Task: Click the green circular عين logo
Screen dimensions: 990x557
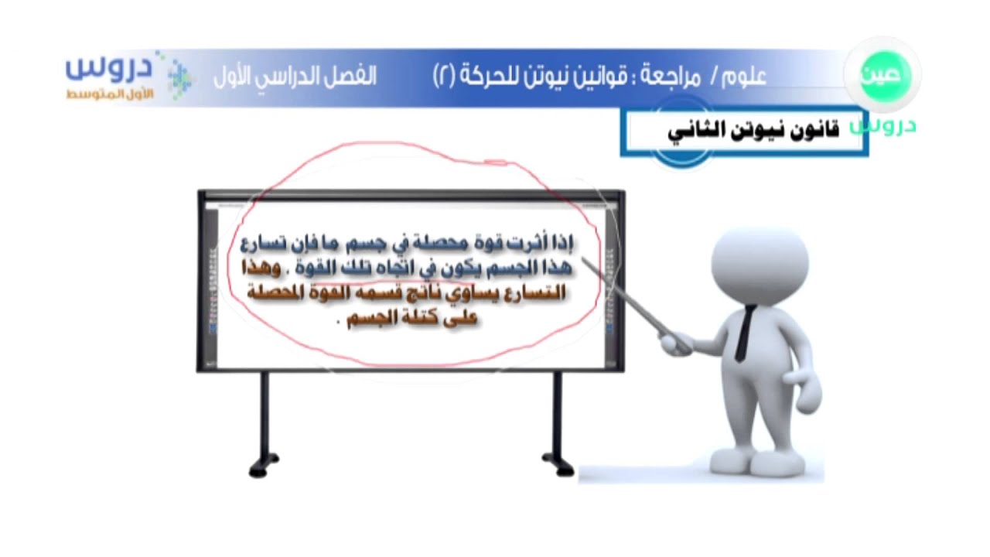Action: point(884,75)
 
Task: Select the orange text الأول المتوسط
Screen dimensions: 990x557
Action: point(110,94)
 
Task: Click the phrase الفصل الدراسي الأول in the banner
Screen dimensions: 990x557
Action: point(295,77)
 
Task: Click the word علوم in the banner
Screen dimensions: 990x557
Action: point(743,77)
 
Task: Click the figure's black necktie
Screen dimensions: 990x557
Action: point(745,333)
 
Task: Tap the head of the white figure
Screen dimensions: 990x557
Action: point(760,265)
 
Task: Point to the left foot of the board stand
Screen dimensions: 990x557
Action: point(264,466)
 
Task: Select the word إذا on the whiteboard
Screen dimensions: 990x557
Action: point(563,243)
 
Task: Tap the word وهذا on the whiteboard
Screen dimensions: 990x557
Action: point(261,268)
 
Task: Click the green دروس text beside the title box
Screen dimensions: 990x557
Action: point(883,126)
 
